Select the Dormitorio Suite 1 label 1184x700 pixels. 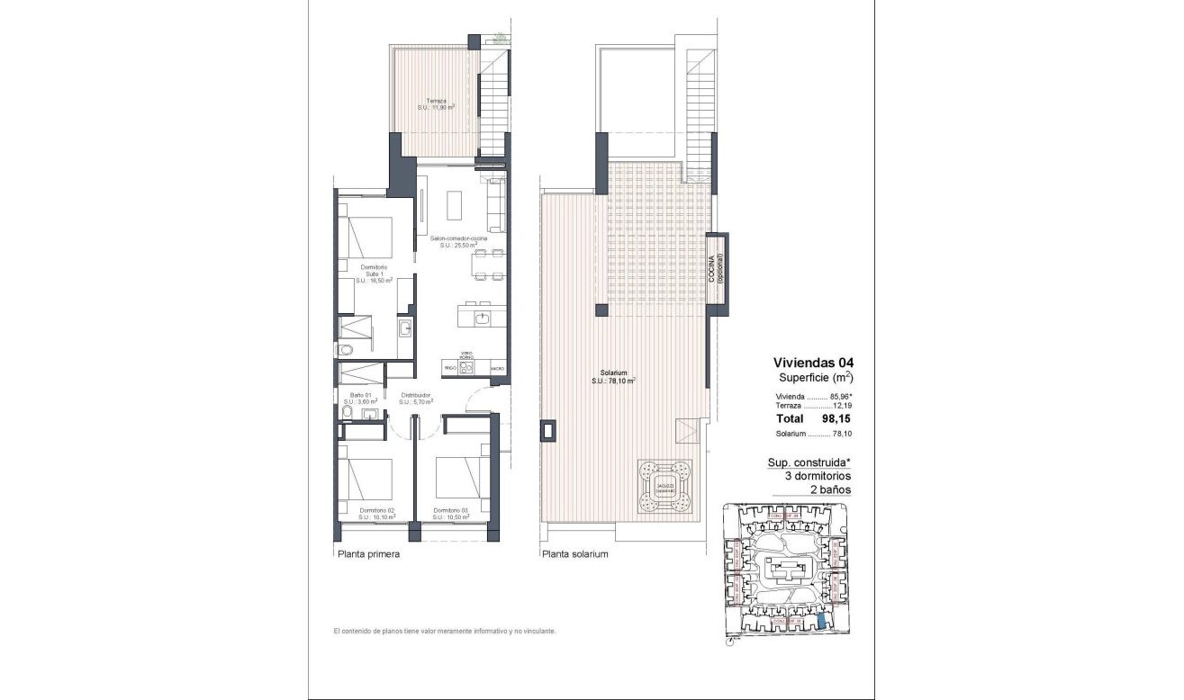coord(374,274)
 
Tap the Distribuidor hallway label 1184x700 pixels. coord(415,398)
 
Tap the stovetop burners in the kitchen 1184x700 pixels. coord(466,367)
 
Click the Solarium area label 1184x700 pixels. coord(614,377)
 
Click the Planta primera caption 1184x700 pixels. coord(368,555)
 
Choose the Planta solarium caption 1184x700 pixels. coord(575,555)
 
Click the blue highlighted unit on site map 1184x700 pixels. coord(821,623)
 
